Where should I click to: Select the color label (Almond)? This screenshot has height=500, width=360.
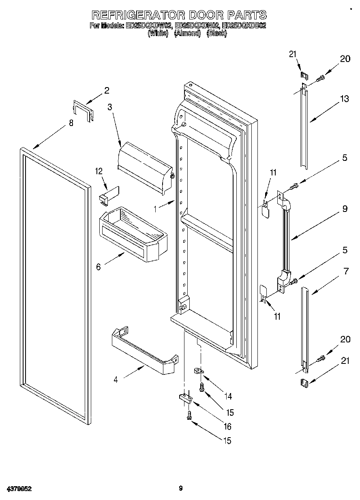[x=187, y=34]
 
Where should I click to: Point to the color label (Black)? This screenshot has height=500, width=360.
[x=216, y=34]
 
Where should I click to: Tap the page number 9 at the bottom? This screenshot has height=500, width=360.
[x=181, y=489]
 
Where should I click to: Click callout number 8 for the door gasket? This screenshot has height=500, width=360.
[x=71, y=124]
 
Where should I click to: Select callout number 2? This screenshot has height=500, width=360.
[x=107, y=90]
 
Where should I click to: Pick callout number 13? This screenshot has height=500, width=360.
[x=344, y=98]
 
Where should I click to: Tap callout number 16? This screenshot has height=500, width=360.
[x=227, y=426]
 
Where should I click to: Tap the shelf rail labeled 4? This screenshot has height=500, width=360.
[x=144, y=351]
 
